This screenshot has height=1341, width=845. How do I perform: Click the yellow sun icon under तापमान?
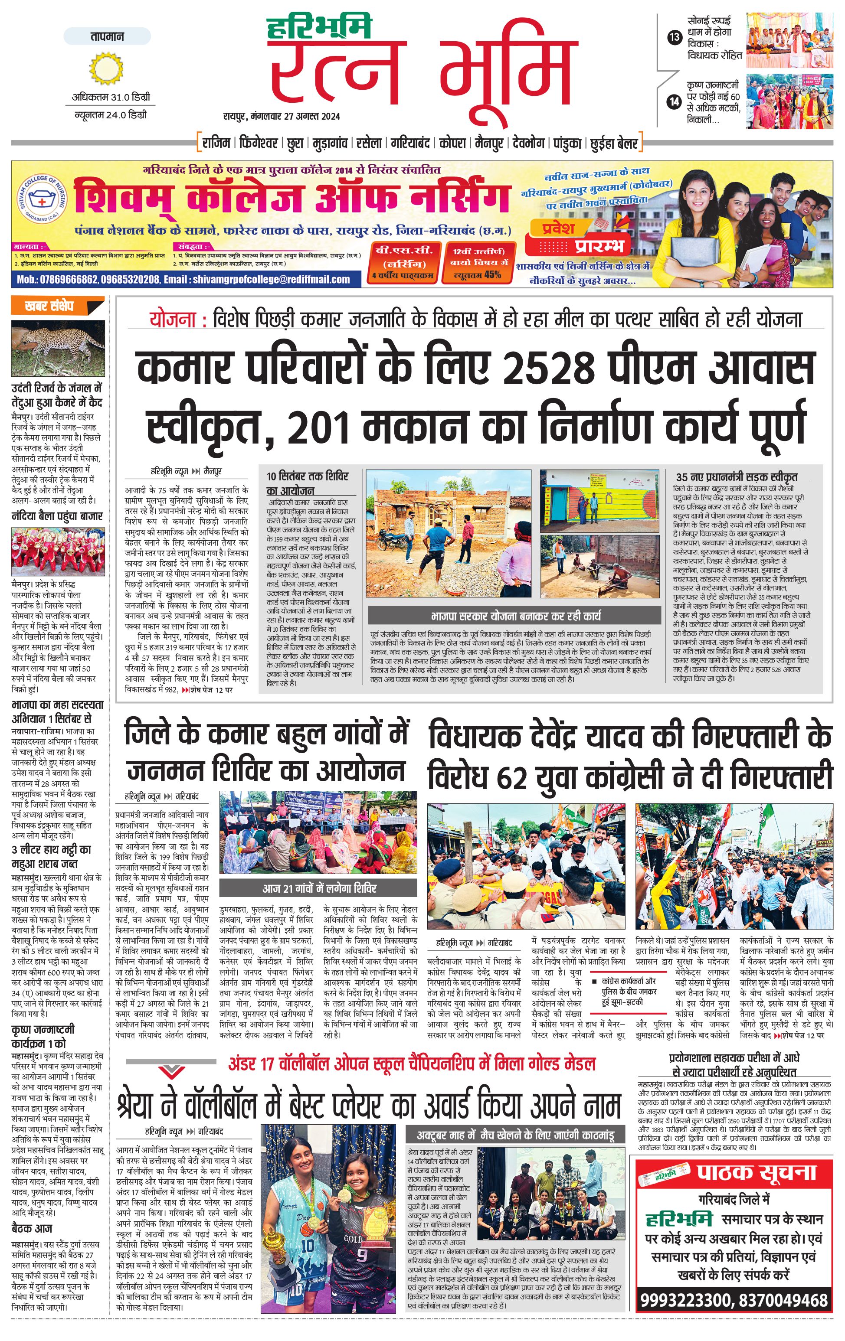[106, 69]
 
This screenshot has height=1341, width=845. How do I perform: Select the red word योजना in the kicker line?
[172, 320]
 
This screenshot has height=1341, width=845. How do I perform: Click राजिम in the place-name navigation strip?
[216, 143]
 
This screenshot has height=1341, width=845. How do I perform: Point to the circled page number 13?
[675, 38]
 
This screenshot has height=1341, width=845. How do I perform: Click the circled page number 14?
[675, 101]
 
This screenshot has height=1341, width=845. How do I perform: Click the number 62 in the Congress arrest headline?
[511, 777]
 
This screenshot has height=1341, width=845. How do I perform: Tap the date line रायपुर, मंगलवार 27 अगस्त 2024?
[281, 116]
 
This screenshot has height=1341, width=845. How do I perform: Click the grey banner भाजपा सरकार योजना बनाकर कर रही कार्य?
[515, 616]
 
